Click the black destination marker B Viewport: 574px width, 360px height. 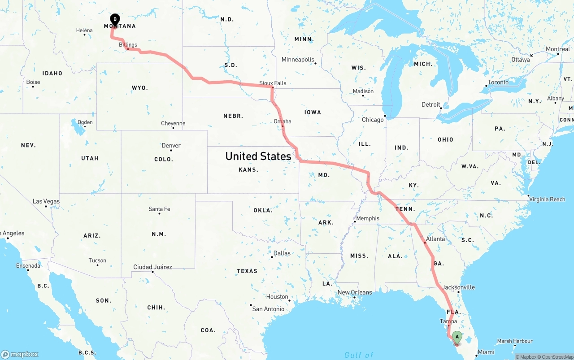pyautogui.click(x=115, y=19)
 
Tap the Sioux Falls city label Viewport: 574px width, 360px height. pyautogui.click(x=273, y=83)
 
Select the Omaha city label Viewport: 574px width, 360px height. pyautogui.click(x=283, y=121)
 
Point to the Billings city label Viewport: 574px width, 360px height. pyautogui.click(x=128, y=45)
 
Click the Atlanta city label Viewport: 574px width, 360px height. pyautogui.click(x=435, y=239)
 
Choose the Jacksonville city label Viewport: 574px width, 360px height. pyautogui.click(x=458, y=287)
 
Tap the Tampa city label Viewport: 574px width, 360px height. pyautogui.click(x=448, y=321)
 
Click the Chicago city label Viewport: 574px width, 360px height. pyautogui.click(x=373, y=120)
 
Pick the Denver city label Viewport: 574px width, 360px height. pyautogui.click(x=171, y=146)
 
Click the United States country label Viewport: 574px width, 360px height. pyautogui.click(x=258, y=156)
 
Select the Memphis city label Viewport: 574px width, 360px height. pyautogui.click(x=368, y=219)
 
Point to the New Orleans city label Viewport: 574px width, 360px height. pyautogui.click(x=355, y=292)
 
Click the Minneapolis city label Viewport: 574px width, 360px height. pyautogui.click(x=298, y=60)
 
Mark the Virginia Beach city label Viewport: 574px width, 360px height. pyautogui.click(x=547, y=200)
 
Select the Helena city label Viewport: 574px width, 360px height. pyautogui.click(x=84, y=31)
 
